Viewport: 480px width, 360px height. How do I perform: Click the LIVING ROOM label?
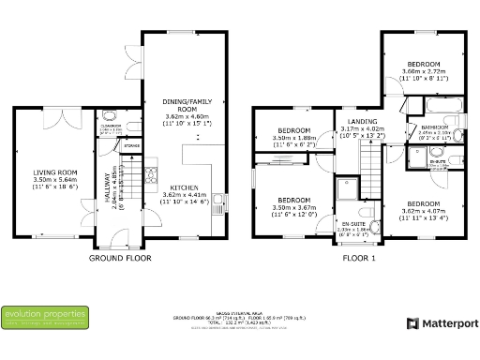pyautogui.click(x=54, y=172)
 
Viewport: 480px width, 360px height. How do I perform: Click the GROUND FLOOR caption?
pyautogui.click(x=120, y=257)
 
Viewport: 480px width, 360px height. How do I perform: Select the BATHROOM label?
pyautogui.click(x=434, y=127)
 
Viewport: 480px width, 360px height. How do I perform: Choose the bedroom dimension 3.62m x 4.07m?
pyautogui.click(x=423, y=211)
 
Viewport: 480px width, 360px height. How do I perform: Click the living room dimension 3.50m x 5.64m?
pyautogui.click(x=54, y=180)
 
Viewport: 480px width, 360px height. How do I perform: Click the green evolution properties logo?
pyautogui.click(x=45, y=316)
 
